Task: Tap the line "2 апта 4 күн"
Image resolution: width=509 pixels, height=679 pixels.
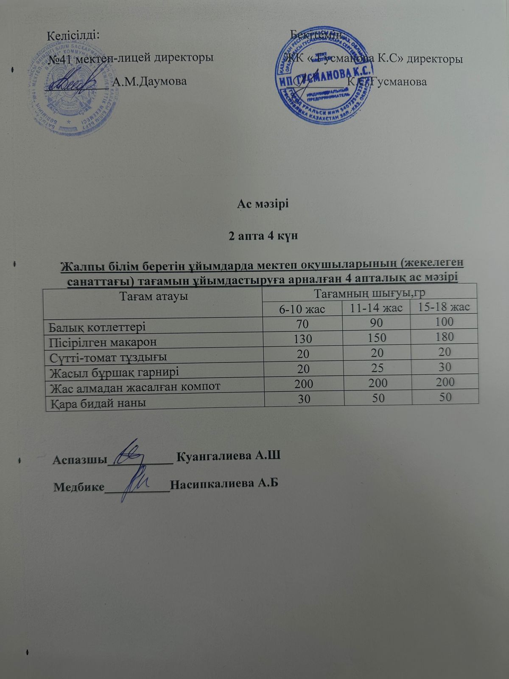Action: [263, 236]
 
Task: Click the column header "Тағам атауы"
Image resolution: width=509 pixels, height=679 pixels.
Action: [154, 296]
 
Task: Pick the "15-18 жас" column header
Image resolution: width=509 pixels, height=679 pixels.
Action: [444, 307]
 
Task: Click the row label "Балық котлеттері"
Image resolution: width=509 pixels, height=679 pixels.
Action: [98, 327]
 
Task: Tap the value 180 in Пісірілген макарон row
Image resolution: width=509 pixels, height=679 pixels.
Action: [445, 337]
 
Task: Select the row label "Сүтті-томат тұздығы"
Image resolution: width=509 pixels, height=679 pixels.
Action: [108, 357]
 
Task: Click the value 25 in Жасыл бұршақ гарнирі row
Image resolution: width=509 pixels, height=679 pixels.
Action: [377, 368]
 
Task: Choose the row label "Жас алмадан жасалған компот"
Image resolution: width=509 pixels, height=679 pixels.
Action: [135, 387]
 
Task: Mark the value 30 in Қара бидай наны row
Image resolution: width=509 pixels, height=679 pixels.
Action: [304, 399]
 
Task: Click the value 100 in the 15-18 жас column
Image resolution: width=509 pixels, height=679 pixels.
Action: [445, 322]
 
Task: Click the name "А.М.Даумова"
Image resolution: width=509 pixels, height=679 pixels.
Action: [149, 81]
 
